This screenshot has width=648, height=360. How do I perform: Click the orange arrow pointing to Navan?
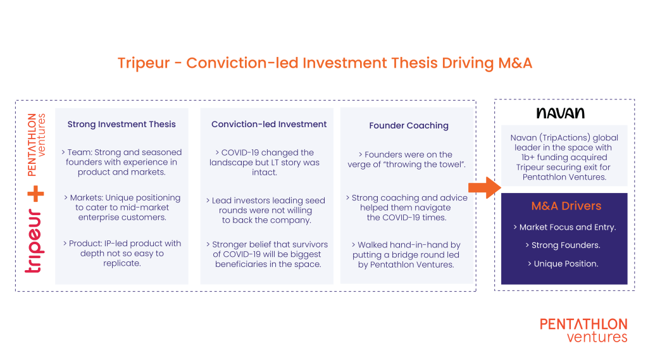(x=484, y=188)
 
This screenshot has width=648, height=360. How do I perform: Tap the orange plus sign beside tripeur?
(x=35, y=194)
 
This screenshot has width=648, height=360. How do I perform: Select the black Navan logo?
(x=561, y=113)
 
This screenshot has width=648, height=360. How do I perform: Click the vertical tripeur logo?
(x=34, y=241)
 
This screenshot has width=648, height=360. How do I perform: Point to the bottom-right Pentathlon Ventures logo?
(x=583, y=330)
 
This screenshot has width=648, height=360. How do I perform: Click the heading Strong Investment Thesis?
(x=121, y=125)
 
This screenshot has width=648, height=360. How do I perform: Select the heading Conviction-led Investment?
(x=269, y=125)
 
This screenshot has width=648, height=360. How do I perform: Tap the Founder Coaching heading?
(x=409, y=126)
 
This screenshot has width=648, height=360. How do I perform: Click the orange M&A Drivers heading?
(x=566, y=206)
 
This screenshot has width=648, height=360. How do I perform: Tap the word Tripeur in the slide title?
(x=144, y=63)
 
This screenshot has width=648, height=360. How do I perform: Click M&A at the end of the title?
(x=515, y=63)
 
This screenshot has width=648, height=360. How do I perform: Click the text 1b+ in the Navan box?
(x=528, y=158)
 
